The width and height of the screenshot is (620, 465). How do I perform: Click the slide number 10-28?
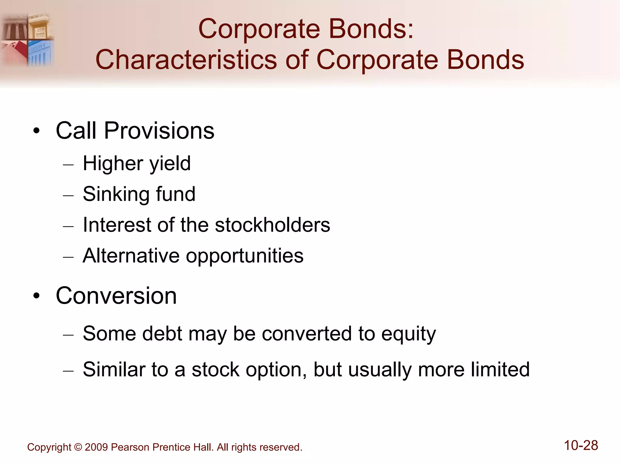[581, 446]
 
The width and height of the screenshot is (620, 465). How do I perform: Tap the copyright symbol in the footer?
[78, 447]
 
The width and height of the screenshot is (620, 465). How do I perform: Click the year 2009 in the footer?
[96, 447]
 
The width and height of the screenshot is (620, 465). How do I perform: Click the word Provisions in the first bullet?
[159, 131]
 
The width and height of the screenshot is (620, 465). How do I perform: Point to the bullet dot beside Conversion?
[37, 296]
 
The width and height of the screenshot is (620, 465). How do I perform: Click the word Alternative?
[131, 256]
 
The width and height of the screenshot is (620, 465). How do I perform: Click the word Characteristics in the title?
[186, 60]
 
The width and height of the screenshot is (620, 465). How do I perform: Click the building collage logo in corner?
[27, 39]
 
